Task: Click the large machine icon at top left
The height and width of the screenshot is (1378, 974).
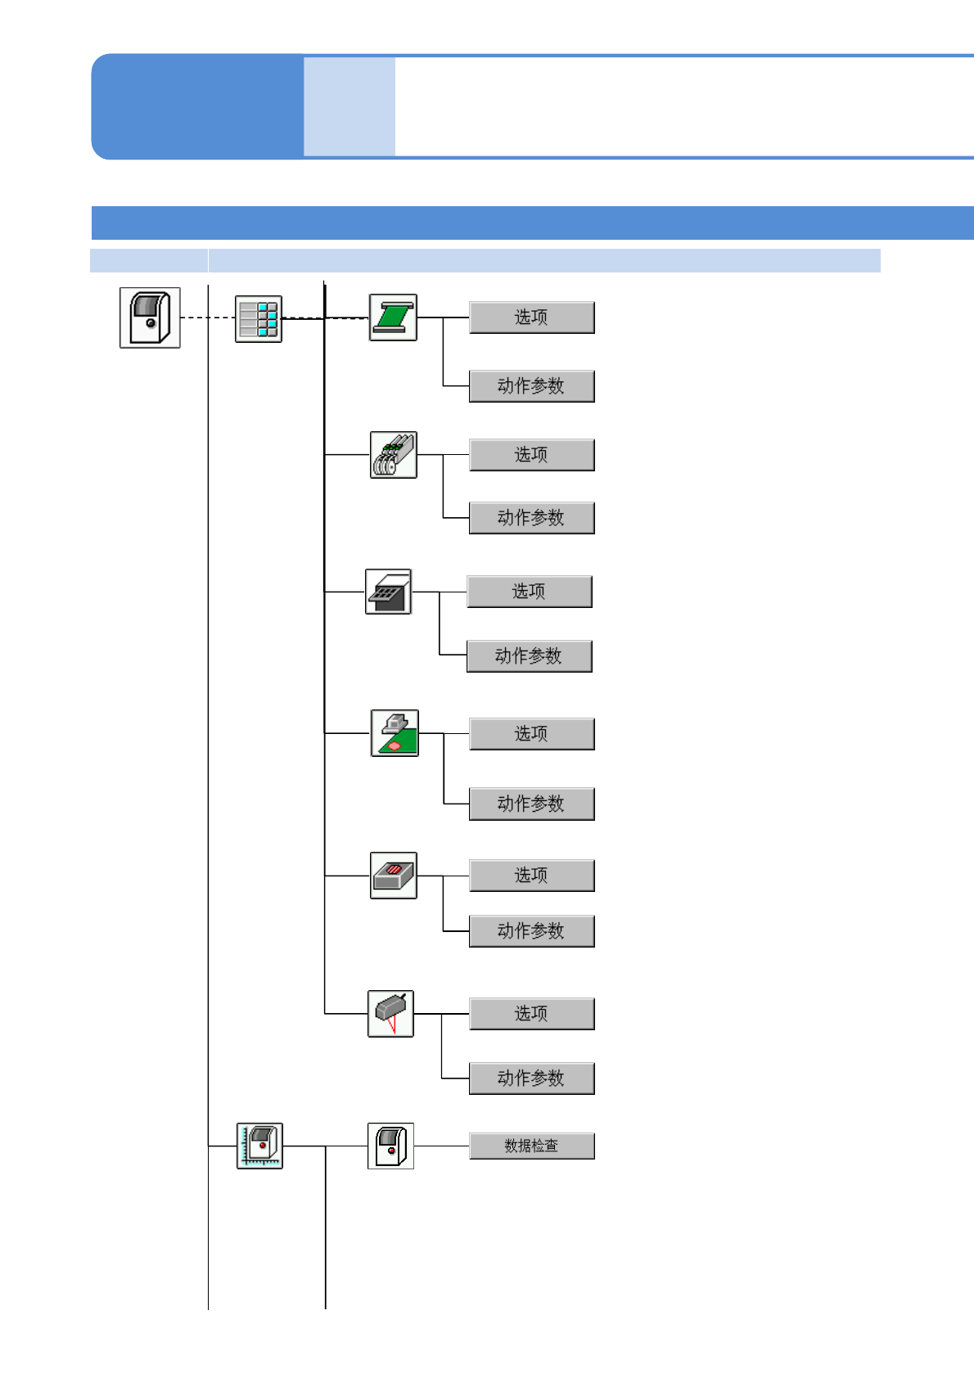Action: [150, 317]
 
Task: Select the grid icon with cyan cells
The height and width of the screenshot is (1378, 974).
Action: [259, 318]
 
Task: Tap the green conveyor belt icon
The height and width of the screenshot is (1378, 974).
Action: [393, 317]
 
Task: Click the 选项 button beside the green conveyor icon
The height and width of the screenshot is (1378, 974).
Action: [531, 317]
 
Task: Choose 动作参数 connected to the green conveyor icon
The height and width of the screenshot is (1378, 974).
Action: [531, 386]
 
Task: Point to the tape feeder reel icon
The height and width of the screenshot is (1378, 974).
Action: [393, 455]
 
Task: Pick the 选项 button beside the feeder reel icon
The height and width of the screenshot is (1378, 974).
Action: [531, 455]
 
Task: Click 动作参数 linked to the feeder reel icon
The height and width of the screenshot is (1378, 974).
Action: [531, 518]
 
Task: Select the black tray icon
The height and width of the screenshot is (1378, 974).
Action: [388, 592]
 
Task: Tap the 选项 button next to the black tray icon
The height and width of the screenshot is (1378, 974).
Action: [529, 592]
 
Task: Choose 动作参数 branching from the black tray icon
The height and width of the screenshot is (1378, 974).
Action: [529, 656]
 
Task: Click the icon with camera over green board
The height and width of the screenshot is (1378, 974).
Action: [395, 733]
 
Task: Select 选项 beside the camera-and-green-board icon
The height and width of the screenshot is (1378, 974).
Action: [531, 734]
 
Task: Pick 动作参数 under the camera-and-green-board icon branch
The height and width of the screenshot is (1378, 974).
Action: [531, 804]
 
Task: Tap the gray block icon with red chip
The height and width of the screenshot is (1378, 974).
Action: [393, 876]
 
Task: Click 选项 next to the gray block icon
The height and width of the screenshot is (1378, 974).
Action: [531, 876]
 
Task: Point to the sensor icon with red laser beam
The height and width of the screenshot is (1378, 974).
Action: [390, 1014]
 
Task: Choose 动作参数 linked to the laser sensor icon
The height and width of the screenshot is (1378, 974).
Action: [531, 1079]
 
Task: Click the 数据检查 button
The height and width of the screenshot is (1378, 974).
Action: [531, 1146]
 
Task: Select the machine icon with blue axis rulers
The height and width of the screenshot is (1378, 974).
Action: [259, 1146]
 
